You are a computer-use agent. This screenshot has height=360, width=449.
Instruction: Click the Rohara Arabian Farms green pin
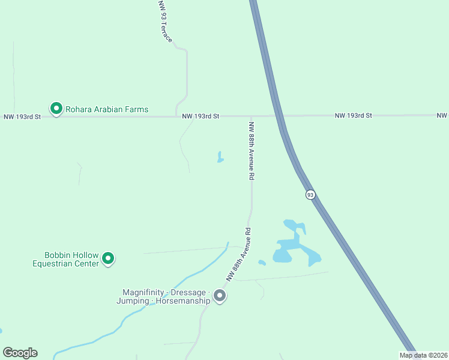click(56, 109)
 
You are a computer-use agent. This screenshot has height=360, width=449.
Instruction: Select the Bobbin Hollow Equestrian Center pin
click(108, 259)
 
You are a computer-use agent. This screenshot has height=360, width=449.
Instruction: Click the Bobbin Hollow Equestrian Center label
click(71, 259)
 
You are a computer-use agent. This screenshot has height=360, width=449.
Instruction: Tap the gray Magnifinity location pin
click(220, 295)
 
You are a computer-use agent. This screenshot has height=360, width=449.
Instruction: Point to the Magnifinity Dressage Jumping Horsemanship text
click(163, 296)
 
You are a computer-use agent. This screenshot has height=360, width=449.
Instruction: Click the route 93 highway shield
click(310, 194)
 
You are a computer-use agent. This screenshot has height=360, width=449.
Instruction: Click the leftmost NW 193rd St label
click(22, 116)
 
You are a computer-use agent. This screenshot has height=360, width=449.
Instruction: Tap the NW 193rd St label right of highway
click(354, 115)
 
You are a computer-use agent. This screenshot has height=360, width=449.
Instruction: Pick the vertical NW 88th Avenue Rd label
click(252, 151)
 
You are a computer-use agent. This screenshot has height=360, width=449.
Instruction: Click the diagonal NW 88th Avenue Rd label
click(238, 254)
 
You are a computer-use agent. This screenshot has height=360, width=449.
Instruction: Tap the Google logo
click(20, 353)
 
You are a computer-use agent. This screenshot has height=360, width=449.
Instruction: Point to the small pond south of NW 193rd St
click(220, 158)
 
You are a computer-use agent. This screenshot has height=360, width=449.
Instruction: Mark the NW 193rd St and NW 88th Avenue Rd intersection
click(251, 116)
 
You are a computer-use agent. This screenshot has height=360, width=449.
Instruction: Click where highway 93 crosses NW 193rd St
click(278, 116)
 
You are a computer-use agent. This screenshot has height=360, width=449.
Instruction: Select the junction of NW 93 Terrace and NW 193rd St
click(176, 116)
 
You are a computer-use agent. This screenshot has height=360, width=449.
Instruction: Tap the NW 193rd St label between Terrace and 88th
click(201, 116)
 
